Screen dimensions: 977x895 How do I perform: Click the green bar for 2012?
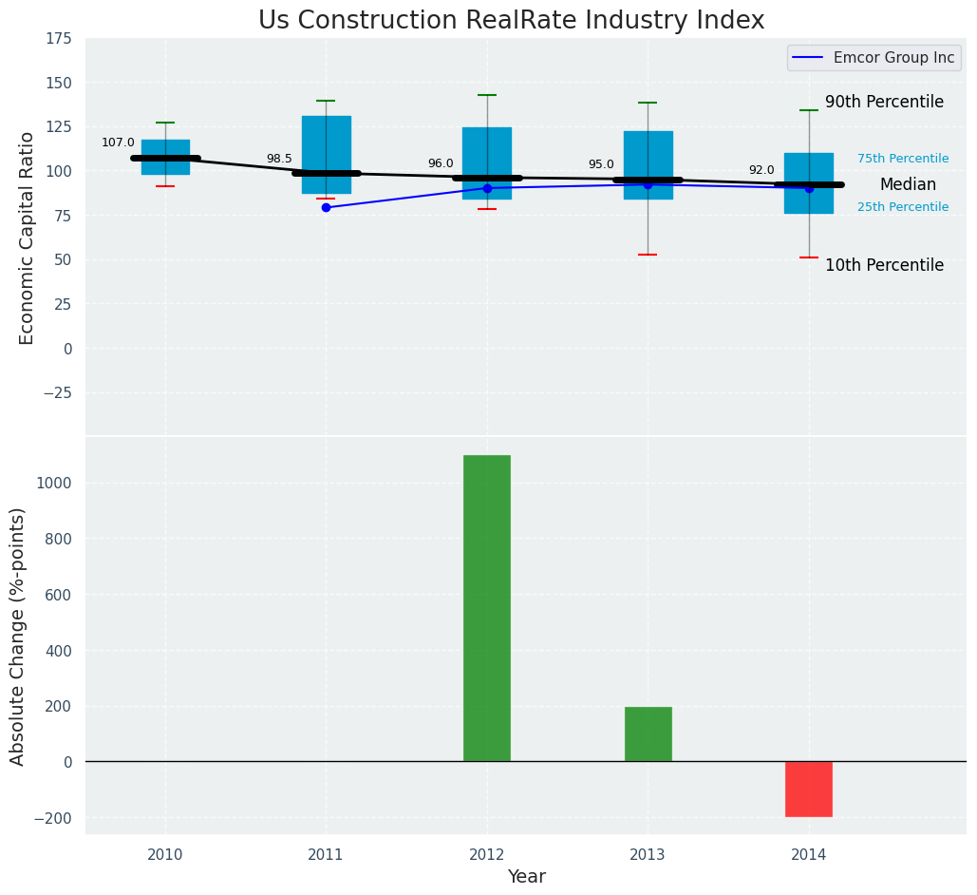pos(487,608)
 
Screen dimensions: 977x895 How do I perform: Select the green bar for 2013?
pos(648,734)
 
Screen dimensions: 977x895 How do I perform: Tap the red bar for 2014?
pos(809,789)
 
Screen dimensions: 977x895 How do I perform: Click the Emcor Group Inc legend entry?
pos(874,57)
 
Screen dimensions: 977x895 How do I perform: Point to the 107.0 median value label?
pos(118,143)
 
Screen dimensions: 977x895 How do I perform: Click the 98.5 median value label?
pos(279,159)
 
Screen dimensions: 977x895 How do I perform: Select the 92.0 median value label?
pos(761,170)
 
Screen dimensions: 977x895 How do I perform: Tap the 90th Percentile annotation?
pos(884,102)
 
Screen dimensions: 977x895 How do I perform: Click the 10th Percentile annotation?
pos(884,265)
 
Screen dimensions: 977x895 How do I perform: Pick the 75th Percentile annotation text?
pos(903,159)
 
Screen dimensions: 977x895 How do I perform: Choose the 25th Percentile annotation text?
pos(903,207)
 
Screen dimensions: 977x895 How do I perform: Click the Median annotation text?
pos(908,184)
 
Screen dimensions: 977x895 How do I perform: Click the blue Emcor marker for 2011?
pos(326,208)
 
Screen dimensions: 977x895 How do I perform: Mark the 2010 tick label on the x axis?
pos(165,854)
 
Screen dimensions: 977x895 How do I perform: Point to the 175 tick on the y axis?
pos(61,39)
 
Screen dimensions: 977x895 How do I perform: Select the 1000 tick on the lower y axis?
pos(58,484)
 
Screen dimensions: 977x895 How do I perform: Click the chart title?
pos(511,20)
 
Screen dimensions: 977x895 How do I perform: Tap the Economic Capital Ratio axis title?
pos(27,238)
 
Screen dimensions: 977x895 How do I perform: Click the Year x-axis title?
pos(527,877)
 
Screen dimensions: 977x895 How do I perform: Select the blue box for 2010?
pos(166,157)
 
